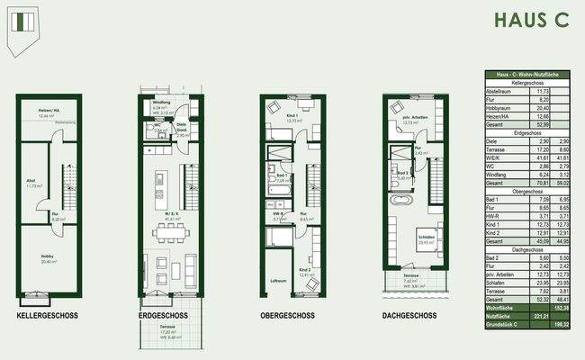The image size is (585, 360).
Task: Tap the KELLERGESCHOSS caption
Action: click(48, 316)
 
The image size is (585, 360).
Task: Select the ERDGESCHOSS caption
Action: click(163, 316)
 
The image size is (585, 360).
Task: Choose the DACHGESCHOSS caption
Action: click(409, 316)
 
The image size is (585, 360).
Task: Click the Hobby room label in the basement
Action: click(48, 258)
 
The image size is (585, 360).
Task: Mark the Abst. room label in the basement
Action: click(31, 183)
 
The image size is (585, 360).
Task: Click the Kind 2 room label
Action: click(304, 271)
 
